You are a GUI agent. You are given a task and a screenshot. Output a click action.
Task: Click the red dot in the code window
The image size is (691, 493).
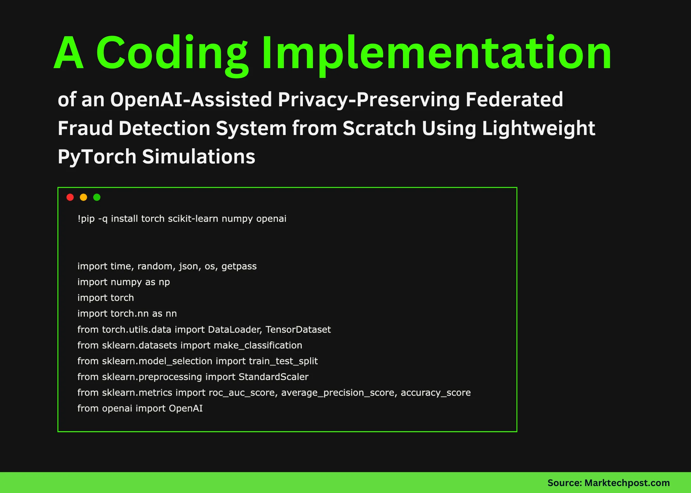pyautogui.click(x=70, y=197)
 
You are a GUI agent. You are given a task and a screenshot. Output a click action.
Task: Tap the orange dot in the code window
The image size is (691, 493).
pyautogui.click(x=83, y=197)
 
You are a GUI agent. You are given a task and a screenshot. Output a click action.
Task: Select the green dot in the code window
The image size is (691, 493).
pyautogui.click(x=97, y=197)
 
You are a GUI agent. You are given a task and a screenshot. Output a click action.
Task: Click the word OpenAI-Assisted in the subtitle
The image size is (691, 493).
pyautogui.click(x=191, y=100)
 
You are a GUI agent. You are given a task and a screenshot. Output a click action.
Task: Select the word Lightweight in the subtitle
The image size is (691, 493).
pyautogui.click(x=538, y=128)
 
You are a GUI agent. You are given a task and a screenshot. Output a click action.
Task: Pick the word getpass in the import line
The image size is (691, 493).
pyautogui.click(x=239, y=266)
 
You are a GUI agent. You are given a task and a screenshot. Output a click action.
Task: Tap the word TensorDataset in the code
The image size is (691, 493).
pyautogui.click(x=298, y=330)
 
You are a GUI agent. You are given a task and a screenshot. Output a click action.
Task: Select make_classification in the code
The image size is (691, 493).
pyautogui.click(x=258, y=345)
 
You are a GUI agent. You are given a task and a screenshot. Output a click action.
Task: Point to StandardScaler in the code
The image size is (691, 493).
pyautogui.click(x=273, y=377)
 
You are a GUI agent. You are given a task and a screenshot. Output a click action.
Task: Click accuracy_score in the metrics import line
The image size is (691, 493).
pyautogui.click(x=436, y=393)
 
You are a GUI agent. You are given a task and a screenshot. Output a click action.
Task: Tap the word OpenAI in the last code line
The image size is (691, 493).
pyautogui.click(x=186, y=408)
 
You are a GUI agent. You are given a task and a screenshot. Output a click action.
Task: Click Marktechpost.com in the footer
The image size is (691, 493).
pyautogui.click(x=627, y=483)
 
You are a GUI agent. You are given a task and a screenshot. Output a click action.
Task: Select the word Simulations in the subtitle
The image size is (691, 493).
pyautogui.click(x=199, y=157)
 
